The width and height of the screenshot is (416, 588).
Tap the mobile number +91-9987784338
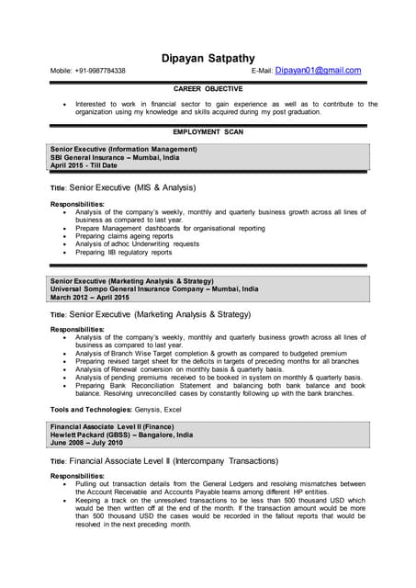[x=99, y=71]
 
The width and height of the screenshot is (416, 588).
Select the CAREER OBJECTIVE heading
[x=208, y=89]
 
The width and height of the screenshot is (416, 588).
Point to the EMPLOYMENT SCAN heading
[x=208, y=132]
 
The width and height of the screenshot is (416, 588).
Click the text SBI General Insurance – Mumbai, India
[x=115, y=157]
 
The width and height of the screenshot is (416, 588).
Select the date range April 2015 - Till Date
[x=84, y=165]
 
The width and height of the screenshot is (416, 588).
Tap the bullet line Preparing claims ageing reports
[x=124, y=236]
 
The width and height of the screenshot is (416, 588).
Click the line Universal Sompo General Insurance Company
[x=154, y=288]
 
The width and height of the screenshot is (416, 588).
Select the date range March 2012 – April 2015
[x=90, y=298]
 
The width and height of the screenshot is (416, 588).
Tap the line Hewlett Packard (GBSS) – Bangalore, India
[x=121, y=435]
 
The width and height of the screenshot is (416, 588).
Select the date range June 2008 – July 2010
[x=86, y=443]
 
